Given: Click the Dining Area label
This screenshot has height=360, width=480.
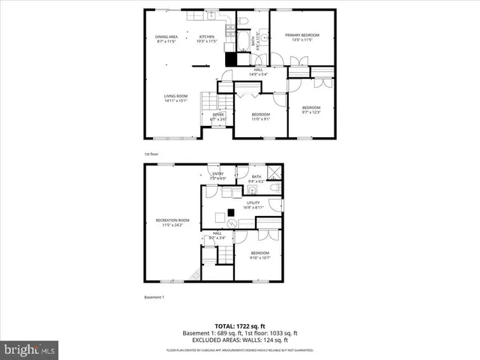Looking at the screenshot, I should (x=166, y=36).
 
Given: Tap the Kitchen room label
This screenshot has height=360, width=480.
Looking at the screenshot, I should (x=206, y=36).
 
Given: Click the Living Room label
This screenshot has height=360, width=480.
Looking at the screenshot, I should (x=176, y=96).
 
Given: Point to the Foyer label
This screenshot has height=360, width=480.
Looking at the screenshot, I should (x=217, y=115).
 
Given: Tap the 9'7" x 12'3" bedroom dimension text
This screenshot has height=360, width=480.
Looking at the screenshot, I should (x=310, y=112).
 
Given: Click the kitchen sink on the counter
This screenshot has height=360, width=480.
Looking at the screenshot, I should (x=212, y=16).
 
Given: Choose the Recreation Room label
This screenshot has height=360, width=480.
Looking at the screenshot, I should (x=172, y=220).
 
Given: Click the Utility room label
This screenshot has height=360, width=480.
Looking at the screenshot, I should (x=253, y=202).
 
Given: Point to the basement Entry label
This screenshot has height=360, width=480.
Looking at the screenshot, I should (x=217, y=175).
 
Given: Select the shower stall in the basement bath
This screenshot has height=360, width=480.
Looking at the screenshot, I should (x=274, y=172).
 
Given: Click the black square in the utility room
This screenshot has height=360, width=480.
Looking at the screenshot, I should (x=232, y=219).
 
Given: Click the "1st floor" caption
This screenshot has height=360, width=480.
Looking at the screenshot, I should (x=151, y=154).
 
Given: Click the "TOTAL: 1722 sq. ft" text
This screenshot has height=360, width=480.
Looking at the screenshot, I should (x=239, y=326).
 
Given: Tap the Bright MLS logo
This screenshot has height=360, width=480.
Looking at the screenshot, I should (x=30, y=349).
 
